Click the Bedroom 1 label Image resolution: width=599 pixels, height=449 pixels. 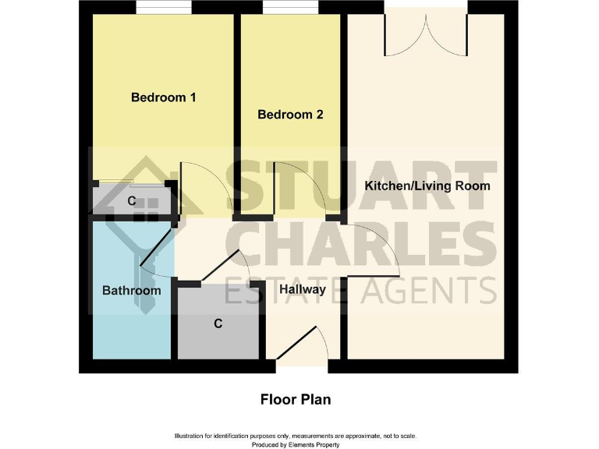coord(163,97)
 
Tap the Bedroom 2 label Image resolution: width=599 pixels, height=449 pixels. coord(290,115)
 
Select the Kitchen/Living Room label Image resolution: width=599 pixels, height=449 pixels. coord(427,186)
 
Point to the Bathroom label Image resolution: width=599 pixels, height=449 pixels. coord(132,290)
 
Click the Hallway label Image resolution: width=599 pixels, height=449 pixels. coord(303,289)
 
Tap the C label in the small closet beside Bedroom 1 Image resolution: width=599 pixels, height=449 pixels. coord(132,201)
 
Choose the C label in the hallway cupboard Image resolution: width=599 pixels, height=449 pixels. coord(218,323)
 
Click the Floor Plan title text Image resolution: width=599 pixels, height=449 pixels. coord(296,399)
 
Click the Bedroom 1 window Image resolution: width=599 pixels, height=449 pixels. coord(164,8)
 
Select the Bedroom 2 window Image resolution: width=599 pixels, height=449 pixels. coord(290,8)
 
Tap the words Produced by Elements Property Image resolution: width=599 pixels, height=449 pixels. coord(295,444)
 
